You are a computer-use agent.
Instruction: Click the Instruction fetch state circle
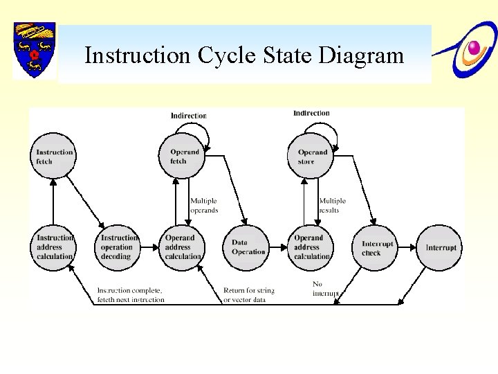(53, 156)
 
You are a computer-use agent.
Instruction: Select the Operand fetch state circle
(184, 156)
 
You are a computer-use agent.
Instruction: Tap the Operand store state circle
(311, 156)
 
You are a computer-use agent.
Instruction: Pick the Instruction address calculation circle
(53, 247)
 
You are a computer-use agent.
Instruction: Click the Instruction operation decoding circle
(117, 247)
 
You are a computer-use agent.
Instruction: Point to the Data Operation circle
(247, 247)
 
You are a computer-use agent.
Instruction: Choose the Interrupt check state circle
(377, 247)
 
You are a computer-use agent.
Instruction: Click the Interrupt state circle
(440, 247)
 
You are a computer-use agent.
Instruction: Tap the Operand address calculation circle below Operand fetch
(183, 247)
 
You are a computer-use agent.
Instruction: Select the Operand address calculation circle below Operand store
(311, 247)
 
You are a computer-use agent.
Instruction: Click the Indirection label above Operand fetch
(189, 116)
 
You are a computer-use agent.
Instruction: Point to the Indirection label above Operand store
(311, 113)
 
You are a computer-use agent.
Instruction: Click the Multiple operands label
(204, 206)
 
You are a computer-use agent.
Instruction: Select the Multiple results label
(332, 206)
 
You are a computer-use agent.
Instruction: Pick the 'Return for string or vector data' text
(249, 295)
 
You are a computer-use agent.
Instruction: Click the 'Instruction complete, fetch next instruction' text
(131, 295)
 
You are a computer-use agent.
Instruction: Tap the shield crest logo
(34, 50)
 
